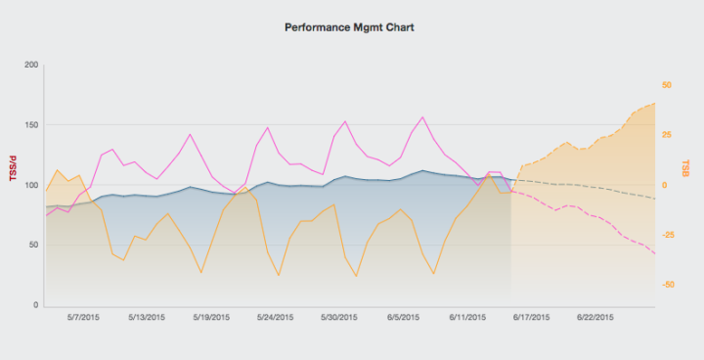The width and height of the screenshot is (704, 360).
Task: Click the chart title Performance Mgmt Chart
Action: coord(350,28)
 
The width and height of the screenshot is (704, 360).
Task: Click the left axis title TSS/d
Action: coord(13,169)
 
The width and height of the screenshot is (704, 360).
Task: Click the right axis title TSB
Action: coord(686,168)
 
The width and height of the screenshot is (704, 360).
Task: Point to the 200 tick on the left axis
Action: coord(31,66)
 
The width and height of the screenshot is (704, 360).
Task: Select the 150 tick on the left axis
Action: coord(31,125)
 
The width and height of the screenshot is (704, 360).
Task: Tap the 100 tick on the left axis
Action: coord(31,186)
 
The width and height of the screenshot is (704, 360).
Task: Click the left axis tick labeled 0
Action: coord(36,305)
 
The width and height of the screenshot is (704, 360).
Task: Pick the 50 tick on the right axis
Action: coord(667,85)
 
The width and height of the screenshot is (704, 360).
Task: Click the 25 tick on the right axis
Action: coord(667,135)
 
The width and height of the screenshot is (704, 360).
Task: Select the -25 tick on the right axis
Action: coord(668,235)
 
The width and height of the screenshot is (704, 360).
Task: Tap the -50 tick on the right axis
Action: coord(668,285)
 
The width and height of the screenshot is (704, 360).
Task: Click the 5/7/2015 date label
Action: coord(83,317)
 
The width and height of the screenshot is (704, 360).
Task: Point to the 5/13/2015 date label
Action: coord(147,317)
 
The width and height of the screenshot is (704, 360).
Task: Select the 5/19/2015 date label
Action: coord(211,317)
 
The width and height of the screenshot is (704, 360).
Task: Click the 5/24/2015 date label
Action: coord(275,317)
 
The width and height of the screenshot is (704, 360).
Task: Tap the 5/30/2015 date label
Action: coord(339,317)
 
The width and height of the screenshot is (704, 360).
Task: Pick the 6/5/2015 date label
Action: coord(403,317)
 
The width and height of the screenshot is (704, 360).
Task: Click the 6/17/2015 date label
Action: coord(531,317)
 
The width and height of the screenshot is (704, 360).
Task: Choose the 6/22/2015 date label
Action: coord(594,317)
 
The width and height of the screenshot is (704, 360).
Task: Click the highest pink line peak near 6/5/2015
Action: coord(422,117)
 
